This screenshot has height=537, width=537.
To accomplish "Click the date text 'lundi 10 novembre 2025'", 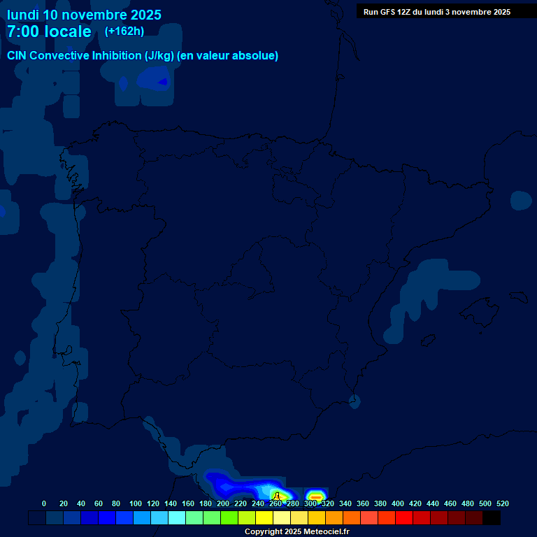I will pyautogui.click(x=84, y=15).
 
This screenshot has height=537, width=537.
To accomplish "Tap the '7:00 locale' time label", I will pyautogui.click(x=49, y=31).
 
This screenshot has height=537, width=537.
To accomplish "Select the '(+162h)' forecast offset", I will pyautogui.click(x=124, y=31).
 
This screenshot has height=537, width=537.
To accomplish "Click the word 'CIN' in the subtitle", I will pyautogui.click(x=17, y=56).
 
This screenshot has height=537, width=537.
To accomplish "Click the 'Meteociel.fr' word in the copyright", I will pyautogui.click(x=327, y=532).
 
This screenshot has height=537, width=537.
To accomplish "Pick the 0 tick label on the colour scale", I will pyautogui.click(x=44, y=503).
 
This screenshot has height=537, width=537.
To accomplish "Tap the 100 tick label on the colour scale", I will pyautogui.click(x=136, y=503).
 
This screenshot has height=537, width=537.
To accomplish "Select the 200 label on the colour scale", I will pyautogui.click(x=223, y=503).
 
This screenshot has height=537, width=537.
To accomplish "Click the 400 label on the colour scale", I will pyautogui.click(x=398, y=503).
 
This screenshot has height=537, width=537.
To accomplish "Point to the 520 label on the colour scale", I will pyautogui.click(x=502, y=503).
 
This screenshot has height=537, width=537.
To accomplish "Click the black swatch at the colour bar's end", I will pyautogui.click(x=492, y=518).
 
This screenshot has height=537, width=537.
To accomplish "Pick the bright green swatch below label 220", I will pyautogui.click(x=229, y=518).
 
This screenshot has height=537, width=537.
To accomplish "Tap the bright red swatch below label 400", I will pyautogui.click(x=404, y=518).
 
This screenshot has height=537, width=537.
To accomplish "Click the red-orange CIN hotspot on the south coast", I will pyautogui.click(x=316, y=496).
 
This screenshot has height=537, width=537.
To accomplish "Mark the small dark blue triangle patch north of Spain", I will pyautogui.click(x=162, y=83).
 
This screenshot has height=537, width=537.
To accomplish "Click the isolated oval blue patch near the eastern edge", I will pyautogui.click(x=521, y=201).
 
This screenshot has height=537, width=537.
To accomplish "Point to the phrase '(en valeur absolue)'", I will pyautogui.click(x=228, y=56).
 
